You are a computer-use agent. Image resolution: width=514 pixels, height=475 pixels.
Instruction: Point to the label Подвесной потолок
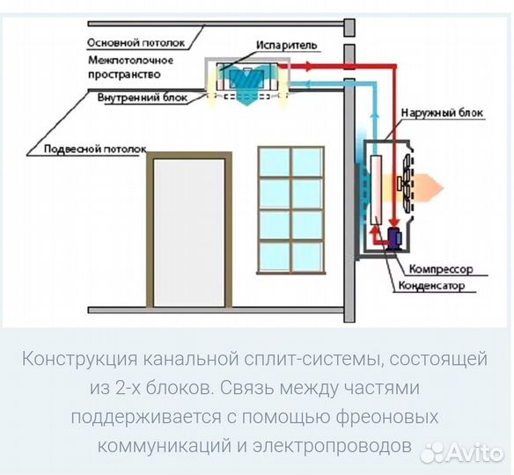(x=83, y=150)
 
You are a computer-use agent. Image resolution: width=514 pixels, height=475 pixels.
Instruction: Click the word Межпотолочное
(x=130, y=61)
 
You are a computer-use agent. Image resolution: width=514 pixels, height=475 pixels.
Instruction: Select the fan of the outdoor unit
(x=403, y=183)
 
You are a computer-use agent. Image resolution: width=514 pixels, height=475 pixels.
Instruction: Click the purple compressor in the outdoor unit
(x=393, y=235)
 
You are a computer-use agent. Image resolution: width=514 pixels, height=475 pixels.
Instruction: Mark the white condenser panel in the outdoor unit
(x=376, y=189)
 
